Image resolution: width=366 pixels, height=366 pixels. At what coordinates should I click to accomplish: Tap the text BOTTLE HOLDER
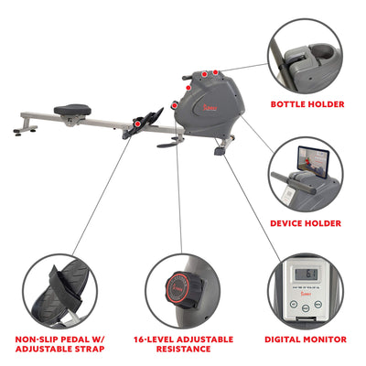307,104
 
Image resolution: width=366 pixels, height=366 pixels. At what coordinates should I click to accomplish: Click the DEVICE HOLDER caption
306,222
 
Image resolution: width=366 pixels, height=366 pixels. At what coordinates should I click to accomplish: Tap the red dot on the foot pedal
139,122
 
